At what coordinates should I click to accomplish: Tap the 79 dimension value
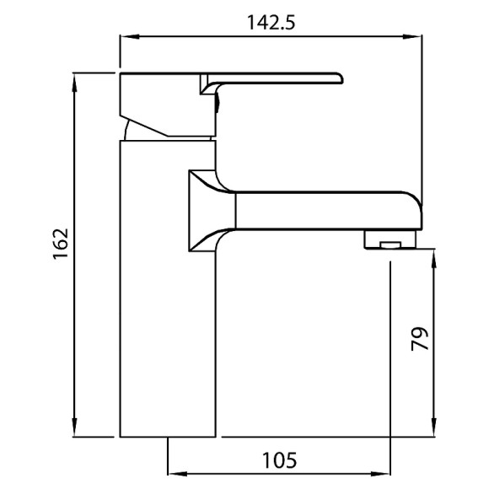click(420, 338)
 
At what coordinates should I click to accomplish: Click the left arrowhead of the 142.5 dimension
click(125, 36)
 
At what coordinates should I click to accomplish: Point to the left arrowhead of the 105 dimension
click(175, 475)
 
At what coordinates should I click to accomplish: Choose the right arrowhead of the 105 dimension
click(386, 475)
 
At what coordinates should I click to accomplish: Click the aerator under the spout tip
click(390, 241)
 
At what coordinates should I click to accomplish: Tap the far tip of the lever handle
click(339, 78)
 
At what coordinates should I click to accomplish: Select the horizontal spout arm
click(320, 209)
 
